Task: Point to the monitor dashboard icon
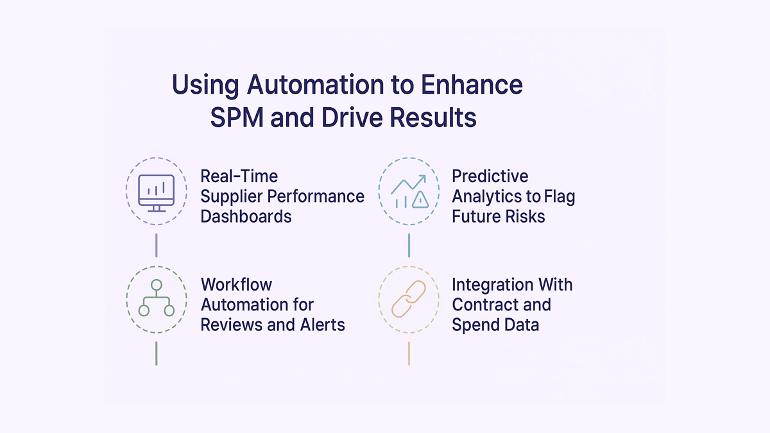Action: click(x=157, y=193)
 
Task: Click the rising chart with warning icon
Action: click(x=409, y=192)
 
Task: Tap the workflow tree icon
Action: click(x=157, y=299)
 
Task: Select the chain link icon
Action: click(x=409, y=299)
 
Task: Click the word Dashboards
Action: click(x=246, y=216)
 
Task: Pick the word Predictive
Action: click(x=490, y=176)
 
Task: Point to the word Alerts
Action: click(x=322, y=325)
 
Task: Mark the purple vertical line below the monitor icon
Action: click(x=157, y=245)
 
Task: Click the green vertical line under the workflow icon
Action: click(x=157, y=353)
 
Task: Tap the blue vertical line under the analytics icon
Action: click(x=409, y=245)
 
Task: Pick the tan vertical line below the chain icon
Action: click(x=409, y=353)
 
